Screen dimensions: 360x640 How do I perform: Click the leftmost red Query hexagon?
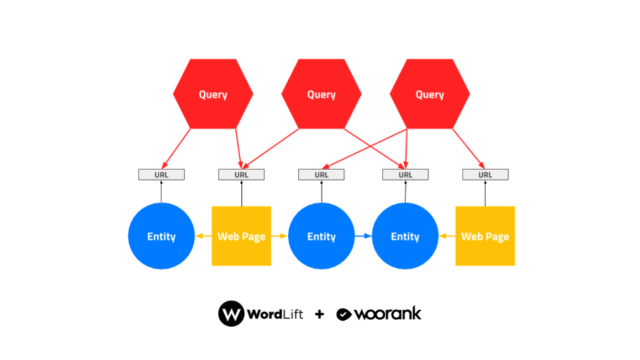click(213, 94)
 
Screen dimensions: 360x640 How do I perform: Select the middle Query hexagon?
click(321, 94)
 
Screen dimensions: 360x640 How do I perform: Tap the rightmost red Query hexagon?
click(429, 94)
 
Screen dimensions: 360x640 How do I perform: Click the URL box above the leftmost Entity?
click(161, 175)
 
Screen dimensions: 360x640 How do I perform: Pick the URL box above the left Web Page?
click(241, 175)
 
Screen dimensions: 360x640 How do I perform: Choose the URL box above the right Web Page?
click(485, 175)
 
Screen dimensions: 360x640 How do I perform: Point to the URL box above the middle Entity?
click(321, 175)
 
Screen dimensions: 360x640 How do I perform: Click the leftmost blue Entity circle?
click(161, 236)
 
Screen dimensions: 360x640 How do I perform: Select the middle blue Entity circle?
click(321, 236)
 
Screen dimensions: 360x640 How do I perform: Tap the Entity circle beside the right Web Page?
click(405, 236)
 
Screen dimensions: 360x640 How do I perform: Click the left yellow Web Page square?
click(241, 236)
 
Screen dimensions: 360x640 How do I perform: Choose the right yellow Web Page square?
click(485, 236)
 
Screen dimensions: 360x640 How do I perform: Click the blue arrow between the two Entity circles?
click(363, 236)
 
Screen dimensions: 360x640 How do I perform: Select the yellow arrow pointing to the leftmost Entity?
click(203, 236)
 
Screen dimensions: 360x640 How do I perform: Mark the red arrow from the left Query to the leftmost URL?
click(177, 147)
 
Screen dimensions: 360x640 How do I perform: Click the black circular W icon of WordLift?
click(231, 313)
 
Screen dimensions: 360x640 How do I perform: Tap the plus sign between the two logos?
click(320, 314)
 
